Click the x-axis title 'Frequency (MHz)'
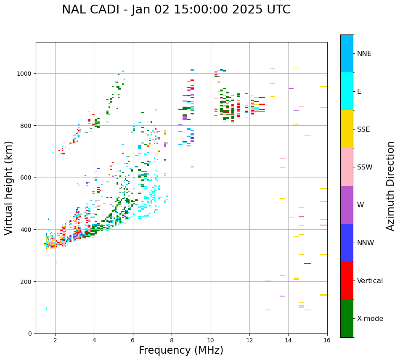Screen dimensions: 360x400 coord(181,350)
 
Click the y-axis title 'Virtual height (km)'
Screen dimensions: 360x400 coord(9,188)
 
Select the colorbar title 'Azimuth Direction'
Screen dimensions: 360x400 coord(391,186)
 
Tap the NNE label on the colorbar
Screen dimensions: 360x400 coord(364,53)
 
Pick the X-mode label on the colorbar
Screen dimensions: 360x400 coord(370,319)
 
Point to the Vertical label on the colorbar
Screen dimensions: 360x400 coord(370,281)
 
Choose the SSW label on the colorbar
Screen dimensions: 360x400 coord(365,167)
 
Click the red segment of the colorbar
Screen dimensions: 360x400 coord(347,281)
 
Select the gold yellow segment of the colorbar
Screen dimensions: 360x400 coord(347,129)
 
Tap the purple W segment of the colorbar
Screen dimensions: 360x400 coord(347,205)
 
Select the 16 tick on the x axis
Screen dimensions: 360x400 coord(327,340)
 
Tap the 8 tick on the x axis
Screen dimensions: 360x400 coord(172,340)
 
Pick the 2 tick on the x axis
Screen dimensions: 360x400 coord(55,340)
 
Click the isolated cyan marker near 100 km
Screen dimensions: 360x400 coord(46,309)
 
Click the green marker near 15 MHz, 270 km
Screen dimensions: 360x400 coord(307,263)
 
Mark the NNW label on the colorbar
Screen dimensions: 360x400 coord(366,243)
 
